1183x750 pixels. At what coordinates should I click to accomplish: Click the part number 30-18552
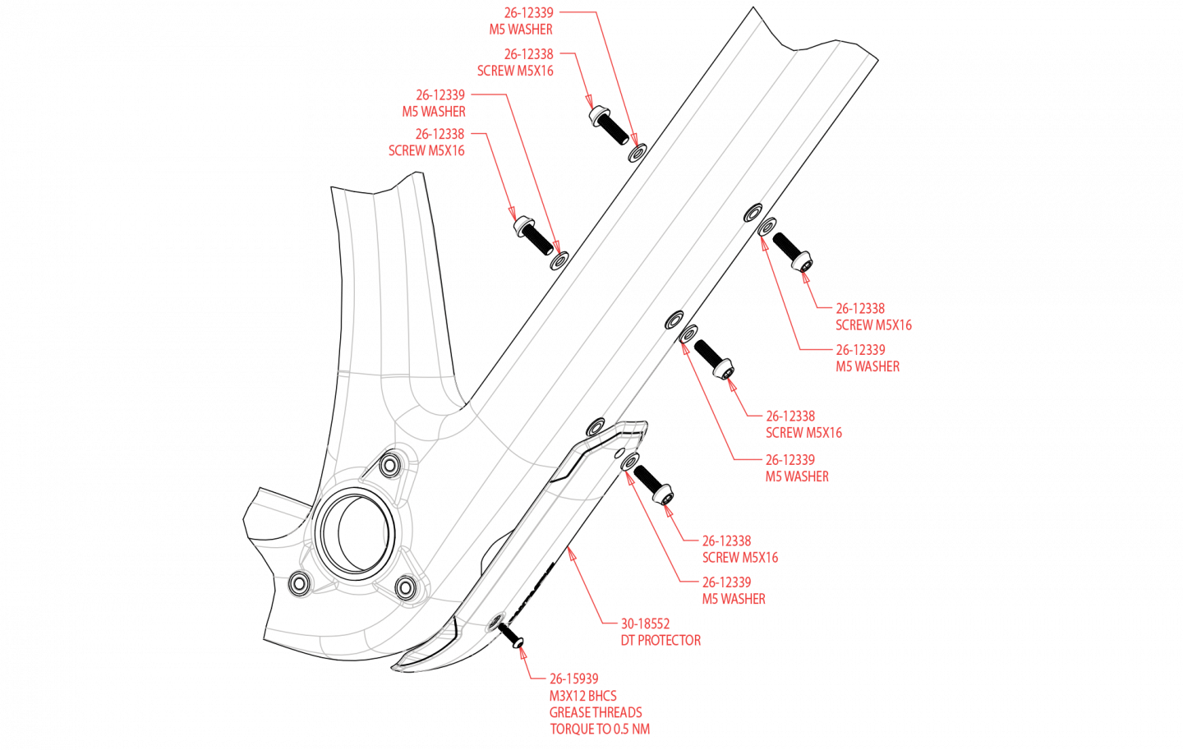pyautogui.click(x=645, y=623)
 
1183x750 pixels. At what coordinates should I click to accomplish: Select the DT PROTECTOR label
pyautogui.click(x=661, y=641)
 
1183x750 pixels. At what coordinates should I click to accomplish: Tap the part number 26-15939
pyautogui.click(x=573, y=679)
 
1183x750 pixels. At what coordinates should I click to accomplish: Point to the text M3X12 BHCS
pyautogui.click(x=582, y=696)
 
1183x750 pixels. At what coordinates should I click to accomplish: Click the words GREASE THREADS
pyautogui.click(x=596, y=712)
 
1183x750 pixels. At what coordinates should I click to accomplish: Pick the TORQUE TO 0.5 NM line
pyautogui.click(x=600, y=729)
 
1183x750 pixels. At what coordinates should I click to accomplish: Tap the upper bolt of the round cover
pyautogui.click(x=391, y=466)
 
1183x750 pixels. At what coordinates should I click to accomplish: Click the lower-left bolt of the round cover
pyautogui.click(x=299, y=584)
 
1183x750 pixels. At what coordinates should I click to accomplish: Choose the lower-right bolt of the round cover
pyautogui.click(x=406, y=587)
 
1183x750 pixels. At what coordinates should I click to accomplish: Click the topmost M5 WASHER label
pyautogui.click(x=521, y=30)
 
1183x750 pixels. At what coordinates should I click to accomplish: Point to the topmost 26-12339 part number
pyautogui.click(x=528, y=12)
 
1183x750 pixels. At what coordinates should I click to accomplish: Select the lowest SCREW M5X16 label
pyautogui.click(x=739, y=558)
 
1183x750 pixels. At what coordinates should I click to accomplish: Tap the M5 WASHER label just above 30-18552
pyautogui.click(x=734, y=600)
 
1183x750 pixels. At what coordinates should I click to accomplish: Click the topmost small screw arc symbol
pyautogui.click(x=599, y=116)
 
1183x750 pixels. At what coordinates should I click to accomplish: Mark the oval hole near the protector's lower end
pyautogui.click(x=495, y=622)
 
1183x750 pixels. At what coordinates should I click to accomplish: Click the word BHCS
pyautogui.click(x=603, y=696)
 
